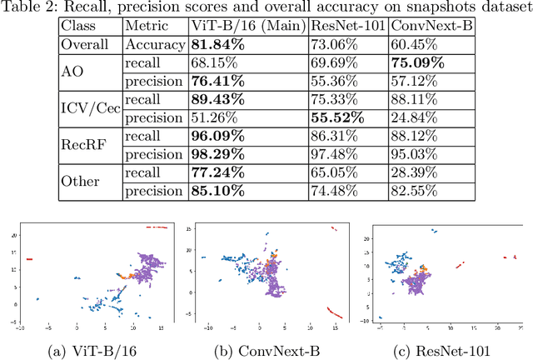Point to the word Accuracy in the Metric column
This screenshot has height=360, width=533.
[152, 46]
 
